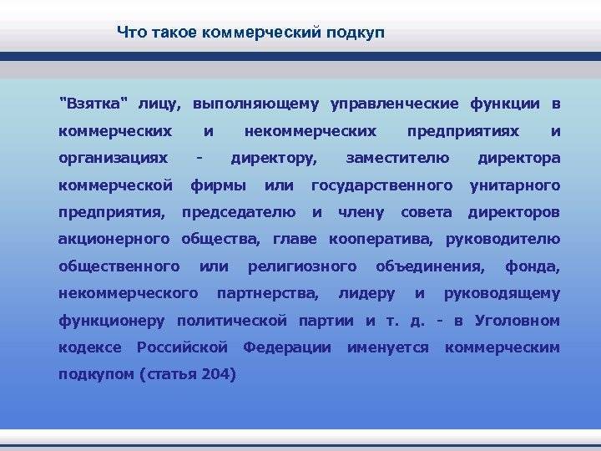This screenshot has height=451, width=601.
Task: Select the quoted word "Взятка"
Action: point(93,104)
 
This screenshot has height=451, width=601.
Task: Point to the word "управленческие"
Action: point(394,104)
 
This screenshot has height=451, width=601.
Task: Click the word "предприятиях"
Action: point(463,132)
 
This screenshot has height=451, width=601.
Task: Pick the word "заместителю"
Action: point(397,159)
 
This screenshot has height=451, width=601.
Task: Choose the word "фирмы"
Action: point(218,186)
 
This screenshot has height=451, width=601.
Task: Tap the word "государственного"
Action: point(382,186)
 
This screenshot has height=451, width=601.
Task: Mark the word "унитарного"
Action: point(515,186)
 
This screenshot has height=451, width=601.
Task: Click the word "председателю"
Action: point(239,213)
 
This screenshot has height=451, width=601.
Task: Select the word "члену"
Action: point(361,213)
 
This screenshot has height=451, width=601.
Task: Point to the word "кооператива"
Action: point(381,240)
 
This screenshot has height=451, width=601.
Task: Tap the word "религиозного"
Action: point(302,267)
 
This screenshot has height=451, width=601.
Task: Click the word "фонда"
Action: point(533,266)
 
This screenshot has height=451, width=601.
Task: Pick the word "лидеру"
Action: point(366,294)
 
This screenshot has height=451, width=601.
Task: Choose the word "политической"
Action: point(232,321)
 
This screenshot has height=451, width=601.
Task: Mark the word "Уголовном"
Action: point(518,321)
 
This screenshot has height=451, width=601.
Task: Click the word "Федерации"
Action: point(287,347)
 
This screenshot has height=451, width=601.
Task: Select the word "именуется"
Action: point(388,348)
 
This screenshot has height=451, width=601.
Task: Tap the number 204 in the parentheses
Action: point(215,374)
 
